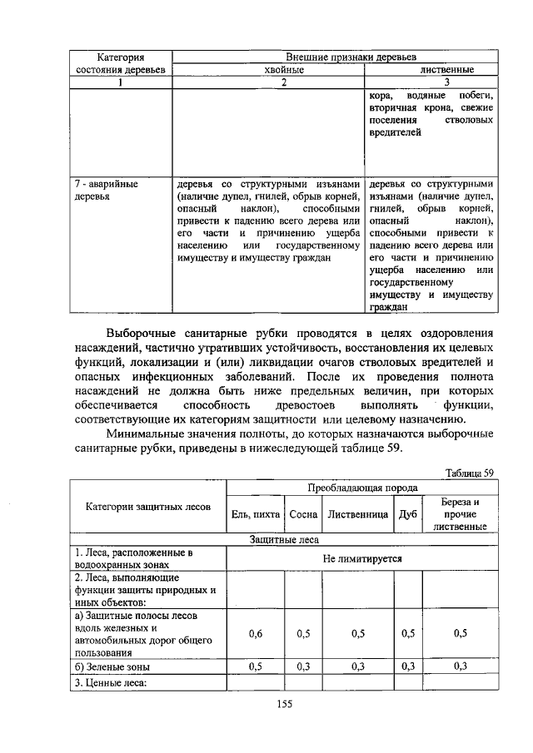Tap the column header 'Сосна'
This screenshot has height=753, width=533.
(x=303, y=515)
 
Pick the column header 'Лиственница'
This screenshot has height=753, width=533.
(x=358, y=515)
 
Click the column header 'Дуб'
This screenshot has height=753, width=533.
(x=407, y=515)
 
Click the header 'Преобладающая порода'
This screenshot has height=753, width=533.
(x=362, y=488)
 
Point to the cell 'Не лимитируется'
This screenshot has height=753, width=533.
(x=362, y=558)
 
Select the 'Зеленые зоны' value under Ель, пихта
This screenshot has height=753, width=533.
(x=256, y=666)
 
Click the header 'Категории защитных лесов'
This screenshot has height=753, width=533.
(x=148, y=507)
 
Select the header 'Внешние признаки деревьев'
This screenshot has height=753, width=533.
(x=339, y=57)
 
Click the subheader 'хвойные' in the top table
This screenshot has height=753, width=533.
(x=268, y=70)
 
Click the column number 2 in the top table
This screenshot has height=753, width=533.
(x=268, y=82)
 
